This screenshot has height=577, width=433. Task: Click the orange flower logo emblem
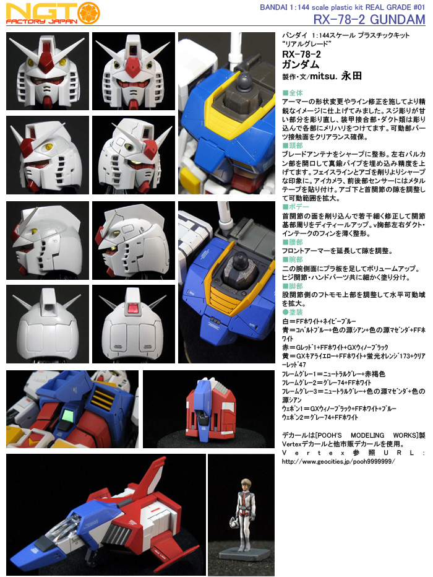(88, 13)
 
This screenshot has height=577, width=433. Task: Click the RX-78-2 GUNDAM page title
(369, 19)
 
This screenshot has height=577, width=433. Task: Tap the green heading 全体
(293, 93)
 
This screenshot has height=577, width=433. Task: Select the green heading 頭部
(293, 145)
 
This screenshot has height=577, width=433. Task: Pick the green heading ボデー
(296, 207)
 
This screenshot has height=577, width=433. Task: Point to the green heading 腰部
(293, 242)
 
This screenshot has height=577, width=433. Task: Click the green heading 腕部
(293, 259)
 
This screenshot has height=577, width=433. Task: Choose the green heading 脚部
(293, 286)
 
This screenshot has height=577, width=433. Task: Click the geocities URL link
(338, 461)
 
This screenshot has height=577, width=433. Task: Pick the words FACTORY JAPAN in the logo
(41, 21)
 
